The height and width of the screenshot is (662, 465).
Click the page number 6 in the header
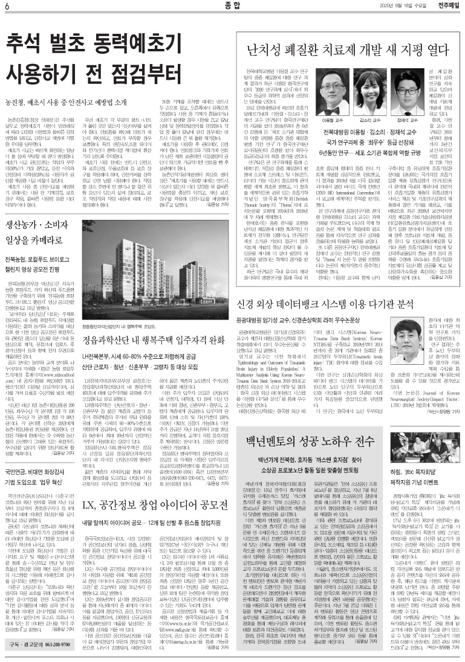click(x=5, y=7)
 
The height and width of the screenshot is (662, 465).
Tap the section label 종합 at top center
click(x=232, y=7)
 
